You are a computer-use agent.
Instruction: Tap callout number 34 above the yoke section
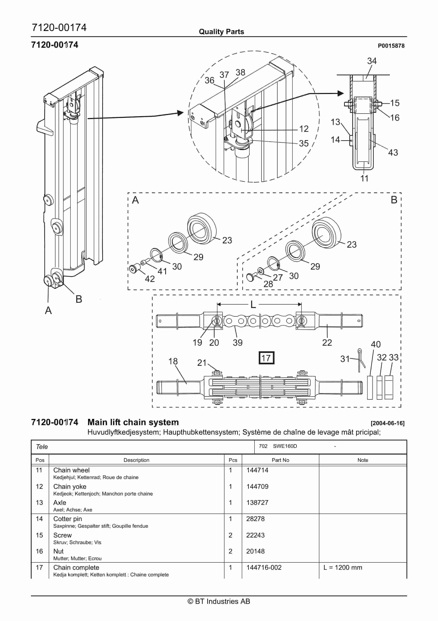(372, 61)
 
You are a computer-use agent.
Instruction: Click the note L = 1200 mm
(342, 568)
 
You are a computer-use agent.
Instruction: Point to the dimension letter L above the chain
(253, 305)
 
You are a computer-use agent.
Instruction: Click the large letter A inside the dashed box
(135, 200)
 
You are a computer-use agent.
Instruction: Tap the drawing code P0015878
(391, 46)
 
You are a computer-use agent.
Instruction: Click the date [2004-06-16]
(387, 423)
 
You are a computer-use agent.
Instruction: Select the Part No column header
(280, 460)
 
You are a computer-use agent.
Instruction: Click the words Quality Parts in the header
(221, 32)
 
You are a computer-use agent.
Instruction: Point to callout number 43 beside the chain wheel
(393, 152)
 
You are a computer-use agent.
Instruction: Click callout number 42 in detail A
(150, 279)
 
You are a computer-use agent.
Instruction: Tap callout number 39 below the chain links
(238, 342)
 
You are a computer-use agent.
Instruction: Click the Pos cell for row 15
(39, 535)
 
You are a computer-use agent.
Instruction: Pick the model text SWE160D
(285, 446)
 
